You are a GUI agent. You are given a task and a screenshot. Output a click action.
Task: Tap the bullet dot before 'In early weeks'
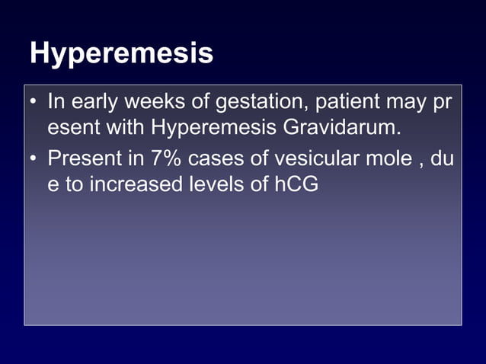tap(34, 101)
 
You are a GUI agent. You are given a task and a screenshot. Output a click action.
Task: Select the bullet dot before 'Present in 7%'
tap(34, 160)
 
